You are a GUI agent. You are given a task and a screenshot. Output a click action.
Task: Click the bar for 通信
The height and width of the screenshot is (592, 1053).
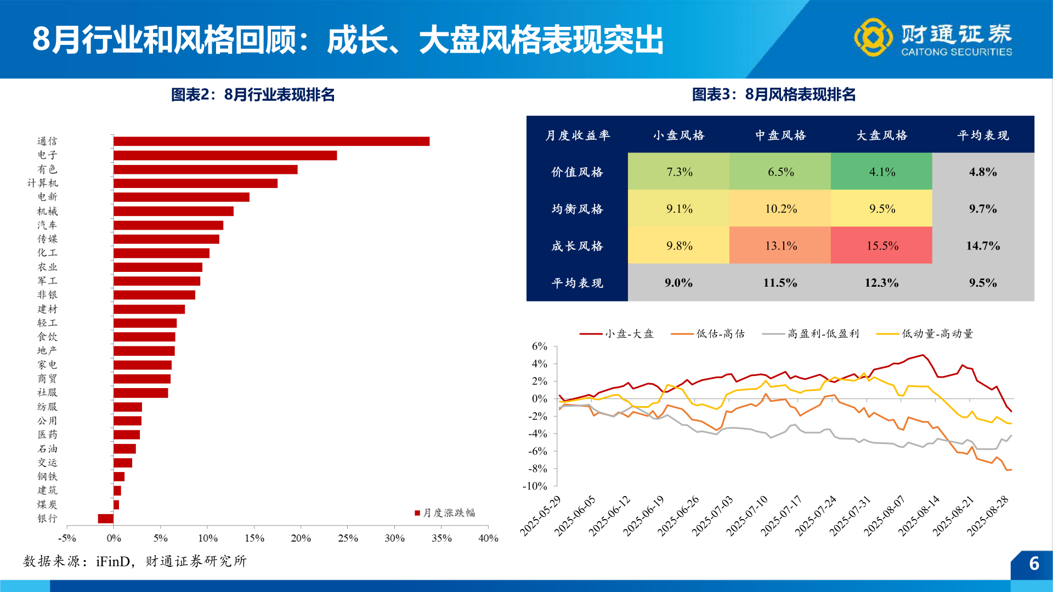(271, 141)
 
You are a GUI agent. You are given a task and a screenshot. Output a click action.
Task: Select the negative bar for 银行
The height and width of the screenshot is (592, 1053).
(106, 519)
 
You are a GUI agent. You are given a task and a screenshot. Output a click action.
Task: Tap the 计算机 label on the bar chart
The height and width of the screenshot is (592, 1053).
(43, 183)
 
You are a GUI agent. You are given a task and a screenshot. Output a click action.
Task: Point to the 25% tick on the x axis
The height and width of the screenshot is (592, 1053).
(348, 538)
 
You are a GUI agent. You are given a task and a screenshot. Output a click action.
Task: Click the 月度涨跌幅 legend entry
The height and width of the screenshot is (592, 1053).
(445, 513)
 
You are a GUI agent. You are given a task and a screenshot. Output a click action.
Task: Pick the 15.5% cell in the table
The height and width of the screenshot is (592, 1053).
(881, 246)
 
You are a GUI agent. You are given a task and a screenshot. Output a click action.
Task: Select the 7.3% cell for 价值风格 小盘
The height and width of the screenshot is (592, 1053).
(679, 172)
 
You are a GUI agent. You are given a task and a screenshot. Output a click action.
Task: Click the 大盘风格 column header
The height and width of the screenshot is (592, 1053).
(881, 135)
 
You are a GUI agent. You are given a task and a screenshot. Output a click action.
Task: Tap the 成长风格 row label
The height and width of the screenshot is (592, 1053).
(577, 246)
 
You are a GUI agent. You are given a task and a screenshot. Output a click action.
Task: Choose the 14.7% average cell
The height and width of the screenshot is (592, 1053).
(983, 246)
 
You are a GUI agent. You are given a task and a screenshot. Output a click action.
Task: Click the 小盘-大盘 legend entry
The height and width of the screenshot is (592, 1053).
(617, 334)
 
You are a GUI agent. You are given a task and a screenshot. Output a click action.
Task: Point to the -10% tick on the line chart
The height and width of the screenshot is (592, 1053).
(535, 486)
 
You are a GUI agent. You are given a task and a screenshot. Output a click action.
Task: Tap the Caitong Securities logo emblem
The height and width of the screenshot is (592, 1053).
(873, 37)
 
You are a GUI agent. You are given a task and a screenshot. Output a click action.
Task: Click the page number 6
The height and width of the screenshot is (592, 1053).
(1034, 563)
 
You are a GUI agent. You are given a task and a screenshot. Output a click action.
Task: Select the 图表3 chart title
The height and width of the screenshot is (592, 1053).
(773, 95)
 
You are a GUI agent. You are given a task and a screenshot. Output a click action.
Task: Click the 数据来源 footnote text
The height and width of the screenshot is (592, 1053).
(135, 561)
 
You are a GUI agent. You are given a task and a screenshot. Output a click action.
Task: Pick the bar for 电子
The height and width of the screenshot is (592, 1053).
(225, 156)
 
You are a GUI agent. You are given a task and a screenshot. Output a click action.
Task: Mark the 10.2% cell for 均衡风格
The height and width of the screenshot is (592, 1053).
(780, 209)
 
